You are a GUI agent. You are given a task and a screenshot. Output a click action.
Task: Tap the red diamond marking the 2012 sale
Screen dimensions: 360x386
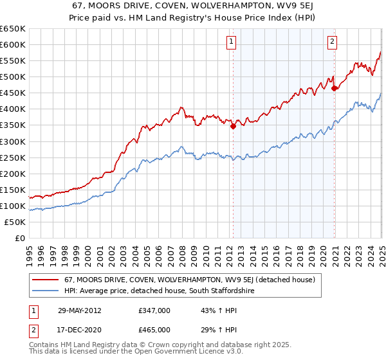tap(233, 126)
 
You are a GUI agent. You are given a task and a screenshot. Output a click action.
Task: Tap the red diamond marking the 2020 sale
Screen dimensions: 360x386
tap(335, 88)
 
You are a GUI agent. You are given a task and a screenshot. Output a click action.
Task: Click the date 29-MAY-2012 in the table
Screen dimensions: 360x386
tap(80, 310)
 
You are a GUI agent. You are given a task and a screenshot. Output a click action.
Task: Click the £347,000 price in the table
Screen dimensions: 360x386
tap(154, 310)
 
